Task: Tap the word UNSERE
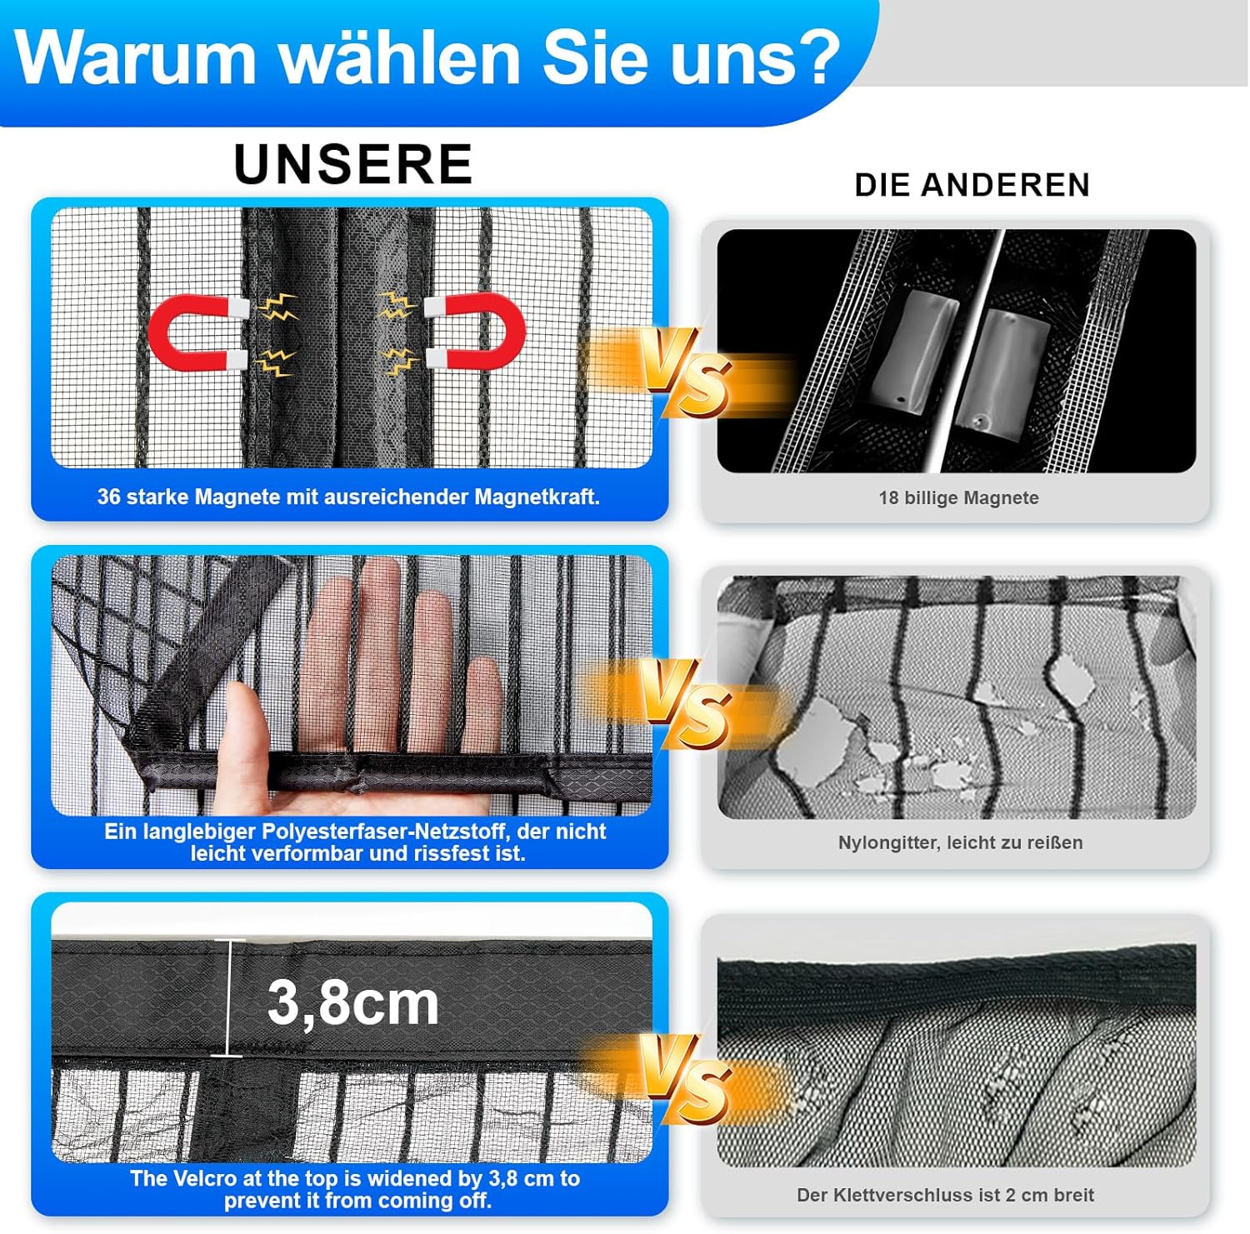click(x=353, y=163)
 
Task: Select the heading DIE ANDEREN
click(x=972, y=185)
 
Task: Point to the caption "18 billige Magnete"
click(x=958, y=497)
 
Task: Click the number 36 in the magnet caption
click(x=108, y=497)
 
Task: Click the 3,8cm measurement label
click(x=352, y=1002)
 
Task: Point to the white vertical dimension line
click(x=228, y=998)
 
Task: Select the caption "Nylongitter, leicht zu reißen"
click(x=960, y=842)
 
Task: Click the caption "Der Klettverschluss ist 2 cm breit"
click(x=945, y=1195)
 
